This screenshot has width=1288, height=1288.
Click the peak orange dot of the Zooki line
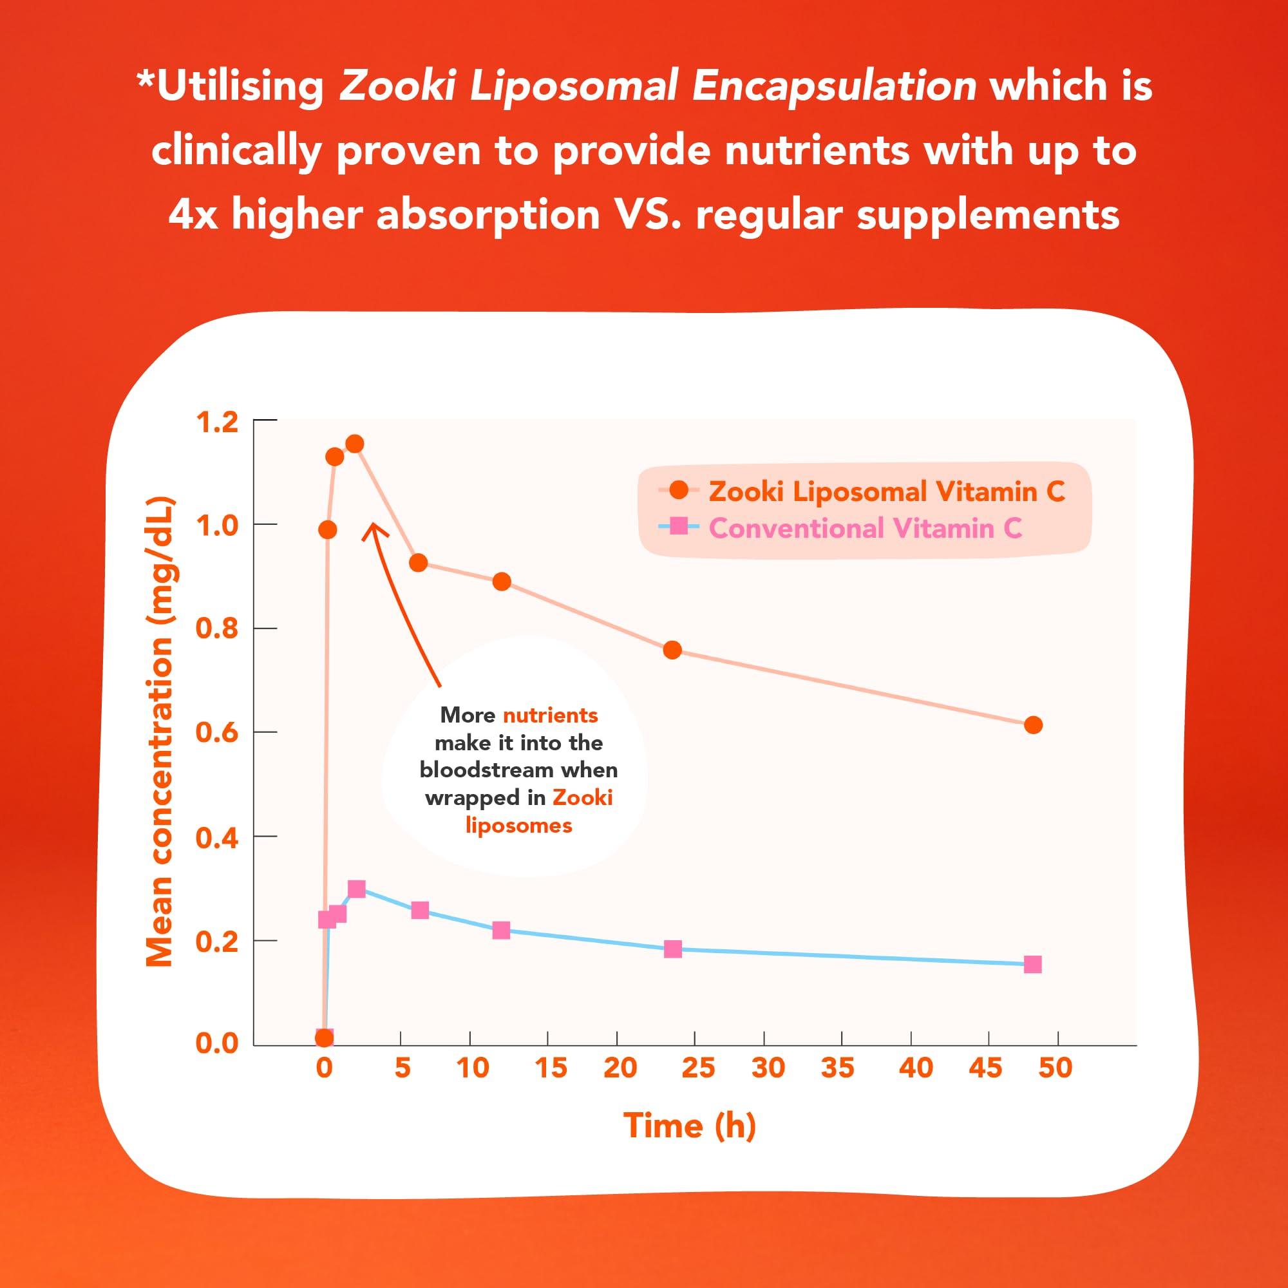click(x=355, y=444)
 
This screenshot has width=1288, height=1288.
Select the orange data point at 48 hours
click(x=1033, y=724)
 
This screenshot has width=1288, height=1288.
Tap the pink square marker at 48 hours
click(x=1032, y=964)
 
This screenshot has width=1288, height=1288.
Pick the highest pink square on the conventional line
click(x=357, y=889)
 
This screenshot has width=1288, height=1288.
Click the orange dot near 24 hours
click(x=673, y=649)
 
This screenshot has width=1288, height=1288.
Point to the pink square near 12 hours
click(x=501, y=930)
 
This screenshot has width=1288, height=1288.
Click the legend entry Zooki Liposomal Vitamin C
click(x=886, y=491)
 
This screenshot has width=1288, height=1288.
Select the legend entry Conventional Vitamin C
click(x=865, y=528)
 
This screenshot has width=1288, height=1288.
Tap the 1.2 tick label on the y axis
click(x=216, y=422)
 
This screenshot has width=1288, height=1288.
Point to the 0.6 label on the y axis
click(x=216, y=733)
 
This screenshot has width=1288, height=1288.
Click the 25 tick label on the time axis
click(x=698, y=1067)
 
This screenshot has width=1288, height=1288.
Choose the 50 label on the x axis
click(x=1055, y=1067)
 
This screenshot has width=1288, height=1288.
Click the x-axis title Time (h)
click(x=689, y=1125)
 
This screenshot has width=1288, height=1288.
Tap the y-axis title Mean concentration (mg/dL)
click(x=159, y=732)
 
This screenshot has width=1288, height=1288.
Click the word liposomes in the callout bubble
click(x=518, y=826)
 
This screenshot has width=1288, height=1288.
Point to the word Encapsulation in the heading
click(x=833, y=88)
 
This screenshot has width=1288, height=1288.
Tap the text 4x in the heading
click(x=193, y=215)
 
